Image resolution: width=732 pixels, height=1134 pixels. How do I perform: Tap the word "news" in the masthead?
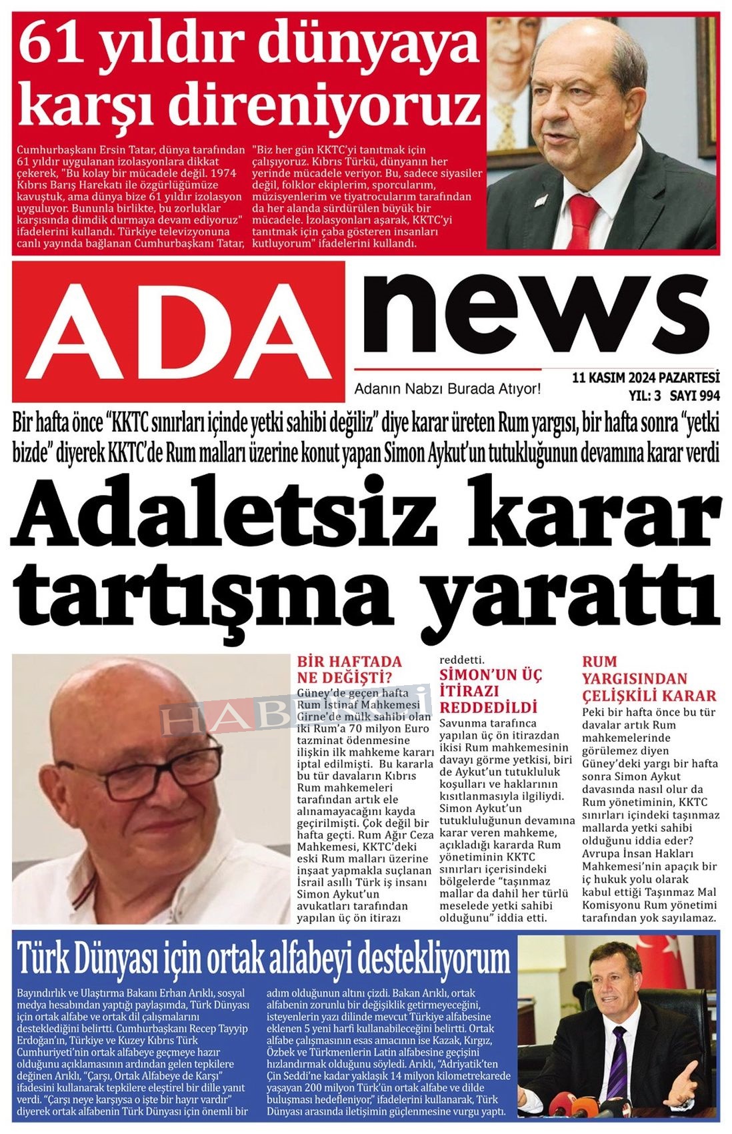click(533, 314)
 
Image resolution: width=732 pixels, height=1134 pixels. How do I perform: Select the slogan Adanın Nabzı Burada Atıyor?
click(447, 389)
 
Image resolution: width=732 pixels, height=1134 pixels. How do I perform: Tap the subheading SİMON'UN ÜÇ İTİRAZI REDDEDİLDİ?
click(491, 690)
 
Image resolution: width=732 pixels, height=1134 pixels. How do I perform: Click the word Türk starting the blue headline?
click(45, 959)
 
